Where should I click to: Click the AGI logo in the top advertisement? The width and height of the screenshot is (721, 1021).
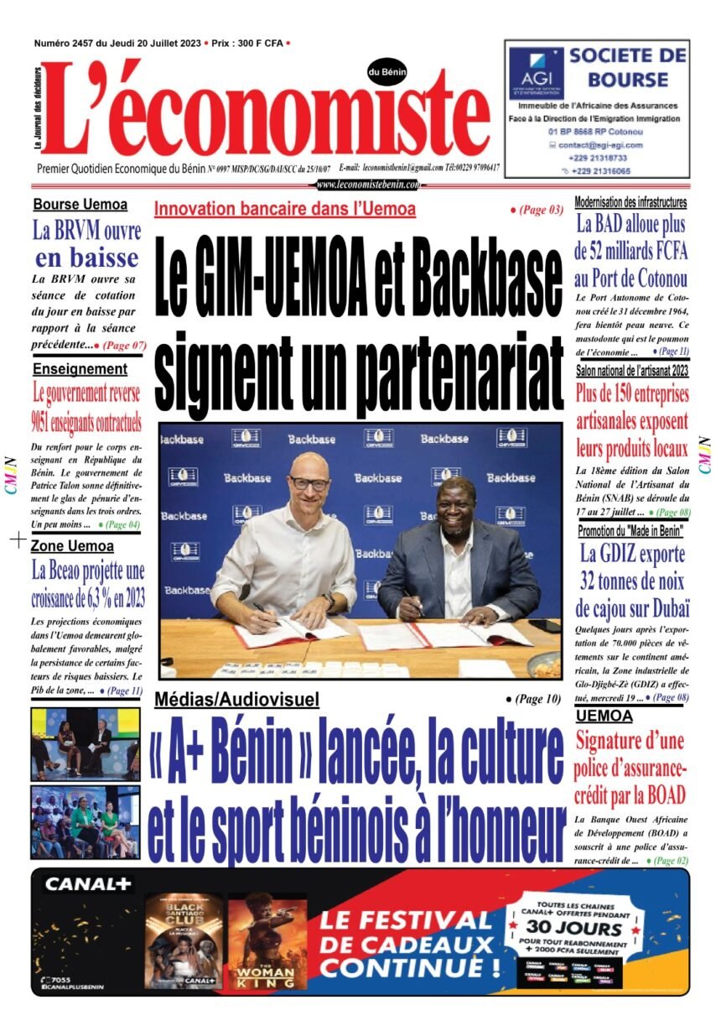536,73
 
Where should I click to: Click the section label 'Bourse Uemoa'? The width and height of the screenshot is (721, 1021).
80,204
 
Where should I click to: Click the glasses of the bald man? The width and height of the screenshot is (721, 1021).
309,483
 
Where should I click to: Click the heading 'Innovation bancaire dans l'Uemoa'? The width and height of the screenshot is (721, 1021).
285,210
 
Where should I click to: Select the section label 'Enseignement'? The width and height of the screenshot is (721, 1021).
80,368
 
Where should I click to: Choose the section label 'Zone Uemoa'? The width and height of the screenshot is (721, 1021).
72,546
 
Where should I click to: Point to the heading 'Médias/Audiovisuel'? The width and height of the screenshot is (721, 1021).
237,699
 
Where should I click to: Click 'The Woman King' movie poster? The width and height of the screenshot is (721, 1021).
267,939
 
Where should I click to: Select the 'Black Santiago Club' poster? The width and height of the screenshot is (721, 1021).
184,939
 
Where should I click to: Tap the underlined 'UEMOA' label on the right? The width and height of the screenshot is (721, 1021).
604,716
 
